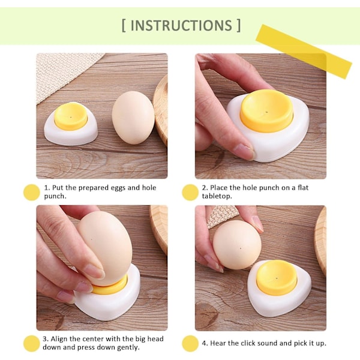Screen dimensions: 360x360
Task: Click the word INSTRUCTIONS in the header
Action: click(181, 25)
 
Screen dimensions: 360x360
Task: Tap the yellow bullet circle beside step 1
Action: click(32, 193)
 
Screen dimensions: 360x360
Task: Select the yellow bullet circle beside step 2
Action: click(190, 193)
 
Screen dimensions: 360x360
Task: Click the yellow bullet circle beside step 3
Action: click(32, 343)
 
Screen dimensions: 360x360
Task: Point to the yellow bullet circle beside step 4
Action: click(190, 343)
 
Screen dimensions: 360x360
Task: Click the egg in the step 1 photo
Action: click(133, 118)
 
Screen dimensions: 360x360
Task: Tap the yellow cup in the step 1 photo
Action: click(71, 116)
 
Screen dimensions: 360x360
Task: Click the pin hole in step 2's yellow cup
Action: click(266, 113)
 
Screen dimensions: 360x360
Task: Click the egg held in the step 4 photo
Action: click(237, 245)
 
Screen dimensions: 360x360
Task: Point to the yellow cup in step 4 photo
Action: click(277, 277)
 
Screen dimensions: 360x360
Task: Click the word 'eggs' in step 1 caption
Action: click(118, 188)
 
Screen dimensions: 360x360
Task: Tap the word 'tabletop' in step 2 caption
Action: click(216, 196)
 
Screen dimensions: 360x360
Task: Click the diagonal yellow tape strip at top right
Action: click(304, 52)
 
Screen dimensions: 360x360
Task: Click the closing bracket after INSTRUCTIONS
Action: click(239, 25)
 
